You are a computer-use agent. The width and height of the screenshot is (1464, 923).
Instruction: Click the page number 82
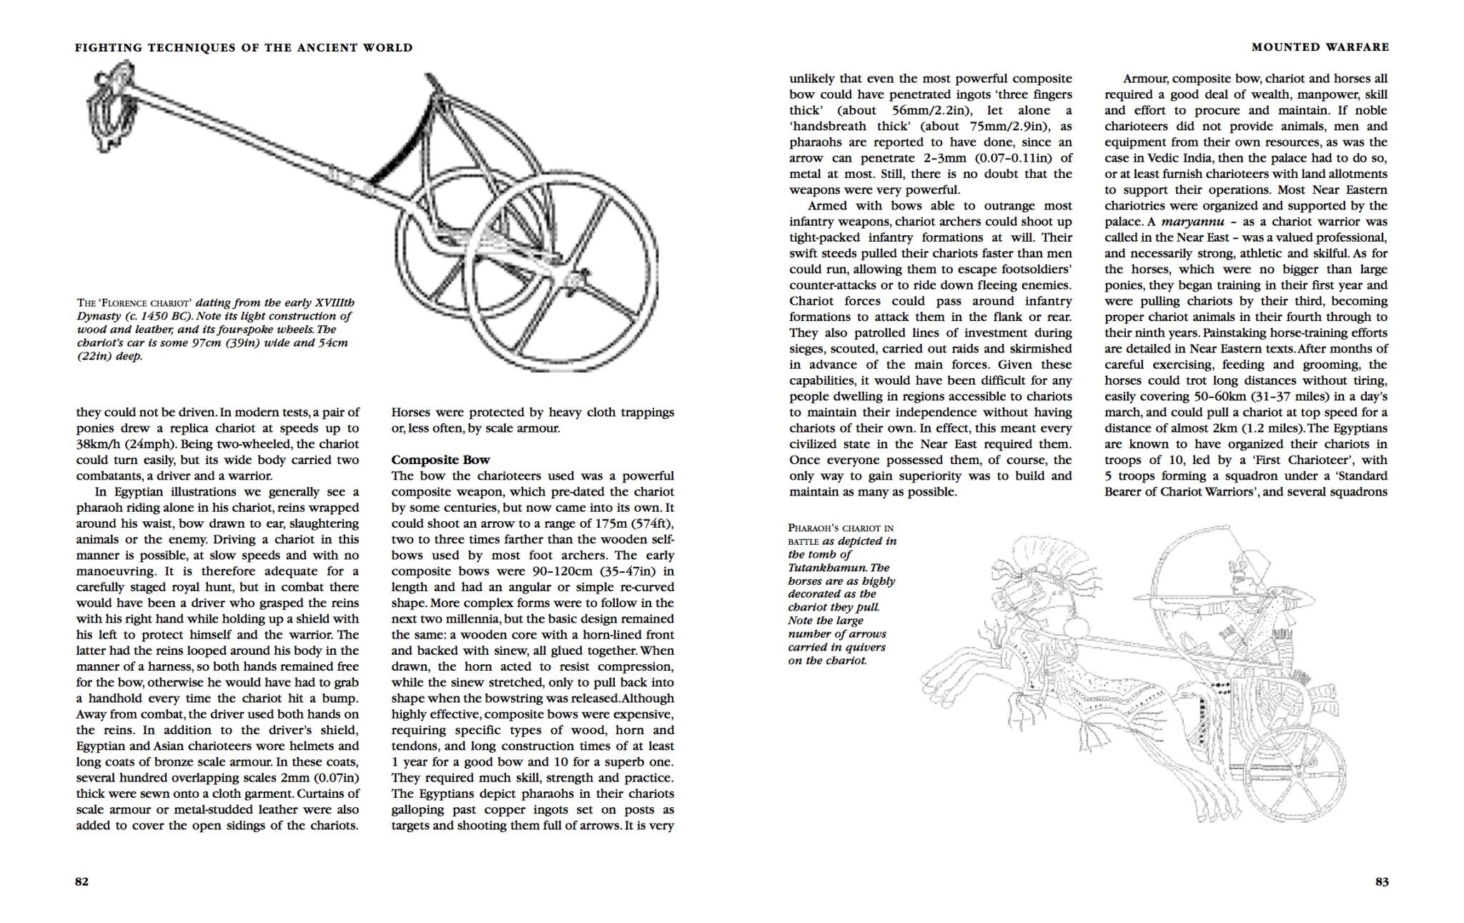[x=82, y=882]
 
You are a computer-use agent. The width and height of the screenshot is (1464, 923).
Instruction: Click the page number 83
[x=1382, y=882]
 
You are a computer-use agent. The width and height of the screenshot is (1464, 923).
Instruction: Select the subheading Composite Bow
[x=440, y=460]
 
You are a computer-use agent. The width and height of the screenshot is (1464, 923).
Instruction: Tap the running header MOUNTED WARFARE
[x=1320, y=47]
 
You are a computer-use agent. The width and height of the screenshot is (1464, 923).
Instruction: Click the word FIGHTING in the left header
[x=108, y=48]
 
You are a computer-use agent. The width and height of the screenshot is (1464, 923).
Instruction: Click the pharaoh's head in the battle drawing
[x=1247, y=572]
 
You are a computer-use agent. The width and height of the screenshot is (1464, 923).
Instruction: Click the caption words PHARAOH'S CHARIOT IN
[x=841, y=528]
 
